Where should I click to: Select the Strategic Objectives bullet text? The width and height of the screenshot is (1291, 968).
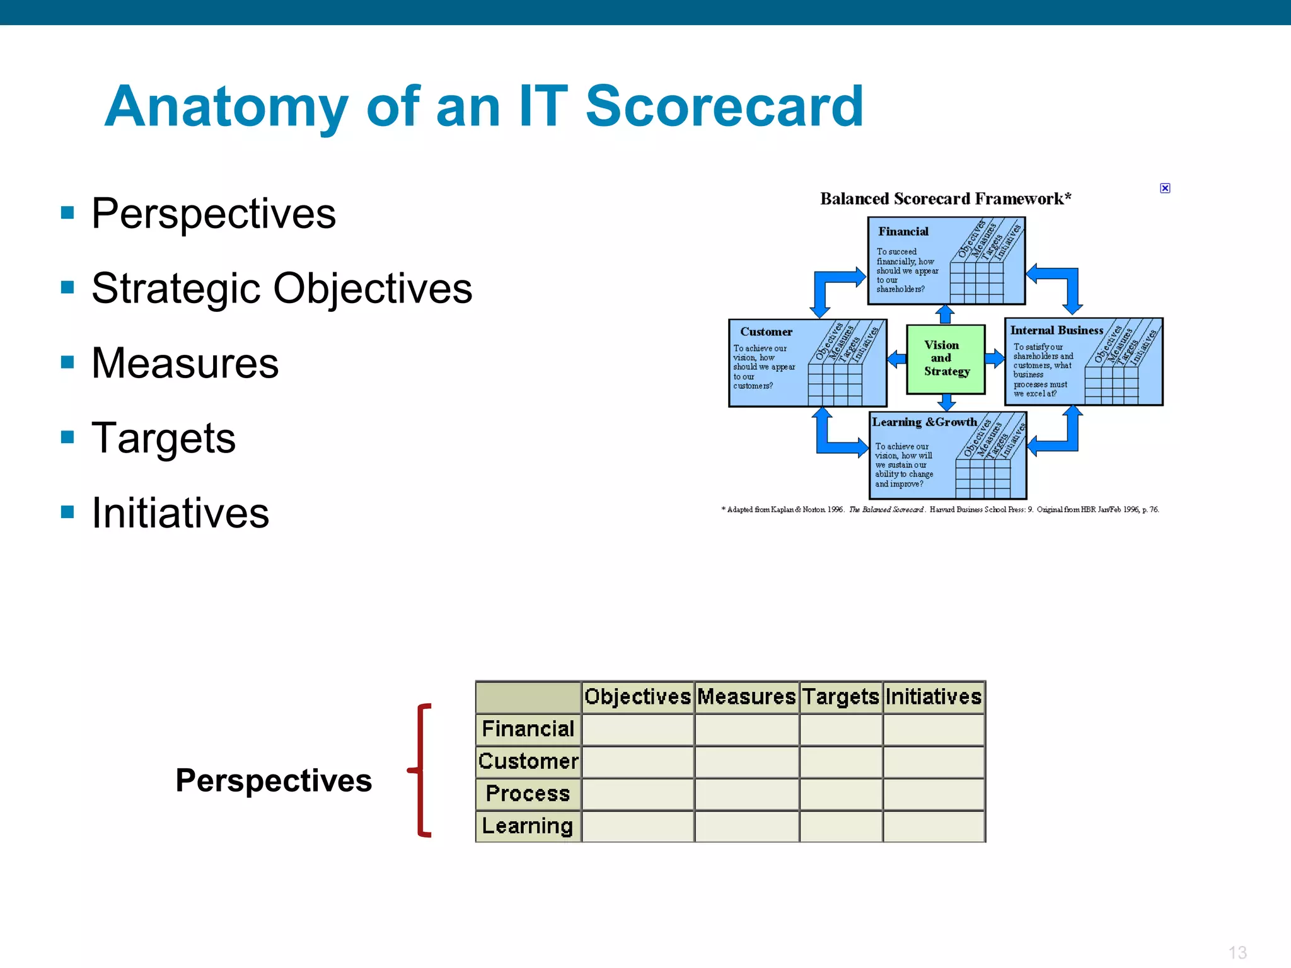[x=282, y=289]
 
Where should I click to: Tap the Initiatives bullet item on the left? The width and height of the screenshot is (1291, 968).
[x=180, y=513]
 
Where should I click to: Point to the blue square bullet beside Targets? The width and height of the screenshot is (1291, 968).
[x=67, y=437]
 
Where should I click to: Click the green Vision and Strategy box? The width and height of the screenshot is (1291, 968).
[x=946, y=359]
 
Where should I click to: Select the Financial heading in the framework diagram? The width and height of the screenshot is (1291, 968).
[x=903, y=231]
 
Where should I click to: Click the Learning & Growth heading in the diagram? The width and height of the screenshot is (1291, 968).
[x=924, y=422]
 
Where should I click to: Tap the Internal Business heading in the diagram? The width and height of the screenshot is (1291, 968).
[x=1057, y=330]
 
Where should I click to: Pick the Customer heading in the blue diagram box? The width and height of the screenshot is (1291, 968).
[x=766, y=331]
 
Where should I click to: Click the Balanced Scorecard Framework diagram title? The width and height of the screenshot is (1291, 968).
[x=945, y=199]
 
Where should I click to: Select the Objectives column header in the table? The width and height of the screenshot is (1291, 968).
[x=637, y=697]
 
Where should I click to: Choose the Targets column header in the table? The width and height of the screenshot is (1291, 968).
[x=840, y=697]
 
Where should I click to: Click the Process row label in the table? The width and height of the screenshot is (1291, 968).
[x=528, y=793]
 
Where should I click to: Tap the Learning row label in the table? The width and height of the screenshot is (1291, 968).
[x=528, y=826]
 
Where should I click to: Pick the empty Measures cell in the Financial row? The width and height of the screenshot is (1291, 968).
[x=746, y=729]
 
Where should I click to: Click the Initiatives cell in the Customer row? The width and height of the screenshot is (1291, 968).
[x=933, y=761]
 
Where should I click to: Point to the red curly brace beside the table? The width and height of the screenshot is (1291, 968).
[x=422, y=770]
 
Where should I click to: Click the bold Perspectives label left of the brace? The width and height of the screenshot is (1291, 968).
[x=274, y=780]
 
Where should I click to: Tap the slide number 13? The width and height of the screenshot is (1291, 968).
[x=1237, y=952]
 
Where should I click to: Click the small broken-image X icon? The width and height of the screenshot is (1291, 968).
[x=1165, y=188]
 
